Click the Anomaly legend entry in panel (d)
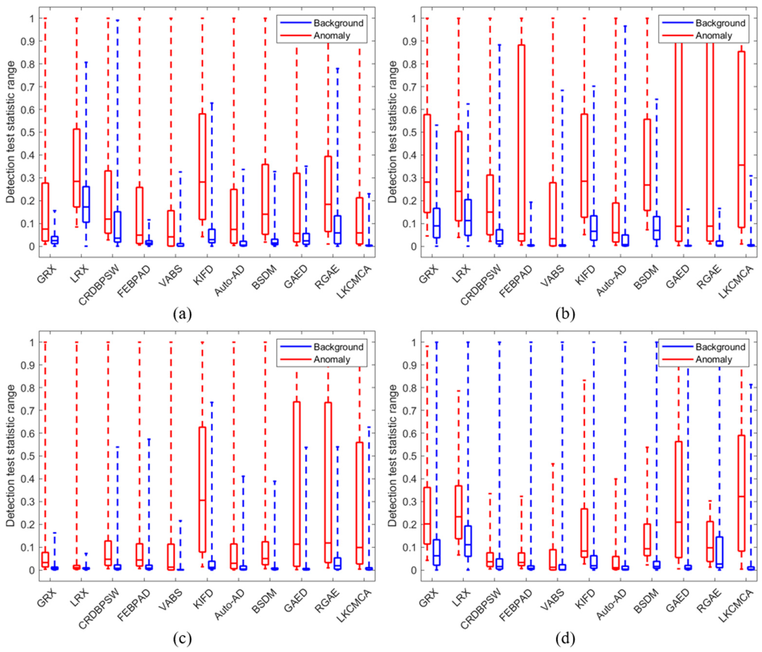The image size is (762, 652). tap(713, 359)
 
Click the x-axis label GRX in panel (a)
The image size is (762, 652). tap(47, 274)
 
